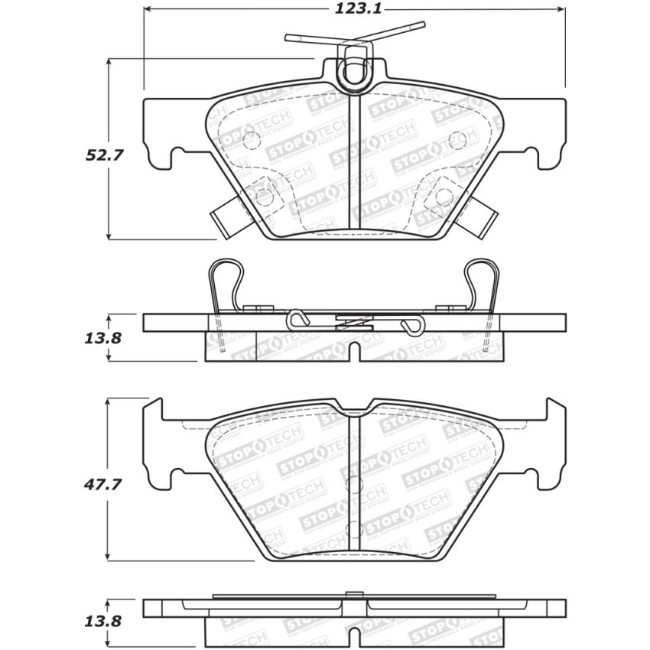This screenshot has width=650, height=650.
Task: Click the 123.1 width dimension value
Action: click(355, 9)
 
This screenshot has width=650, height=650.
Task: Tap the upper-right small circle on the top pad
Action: click(457, 140)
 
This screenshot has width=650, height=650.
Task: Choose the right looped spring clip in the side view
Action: click(482, 283)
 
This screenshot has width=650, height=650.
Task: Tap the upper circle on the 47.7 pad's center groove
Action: click(353, 484)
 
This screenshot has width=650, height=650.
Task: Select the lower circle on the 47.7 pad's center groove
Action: click(353, 530)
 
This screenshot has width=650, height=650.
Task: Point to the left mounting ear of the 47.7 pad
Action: click(155, 444)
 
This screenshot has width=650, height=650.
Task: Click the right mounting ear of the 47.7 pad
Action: click(552, 444)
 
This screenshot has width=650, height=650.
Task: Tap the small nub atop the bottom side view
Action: click(352, 594)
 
